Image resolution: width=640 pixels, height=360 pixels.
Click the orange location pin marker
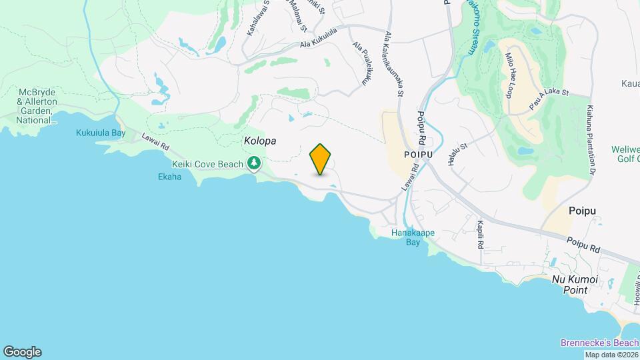click(321, 159)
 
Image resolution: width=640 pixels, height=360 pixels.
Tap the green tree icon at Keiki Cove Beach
click(254, 163)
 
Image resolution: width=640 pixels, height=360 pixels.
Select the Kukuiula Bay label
click(101, 133)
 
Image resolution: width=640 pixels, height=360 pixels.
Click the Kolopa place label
click(260, 141)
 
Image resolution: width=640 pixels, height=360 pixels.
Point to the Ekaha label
click(170, 177)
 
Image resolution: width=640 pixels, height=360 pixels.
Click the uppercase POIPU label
click(419, 154)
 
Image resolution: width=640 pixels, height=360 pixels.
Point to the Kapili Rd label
click(480, 235)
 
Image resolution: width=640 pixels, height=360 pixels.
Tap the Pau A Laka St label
click(548, 100)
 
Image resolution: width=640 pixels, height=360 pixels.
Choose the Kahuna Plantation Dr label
click(591, 140)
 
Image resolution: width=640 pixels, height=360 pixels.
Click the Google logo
click(22, 352)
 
